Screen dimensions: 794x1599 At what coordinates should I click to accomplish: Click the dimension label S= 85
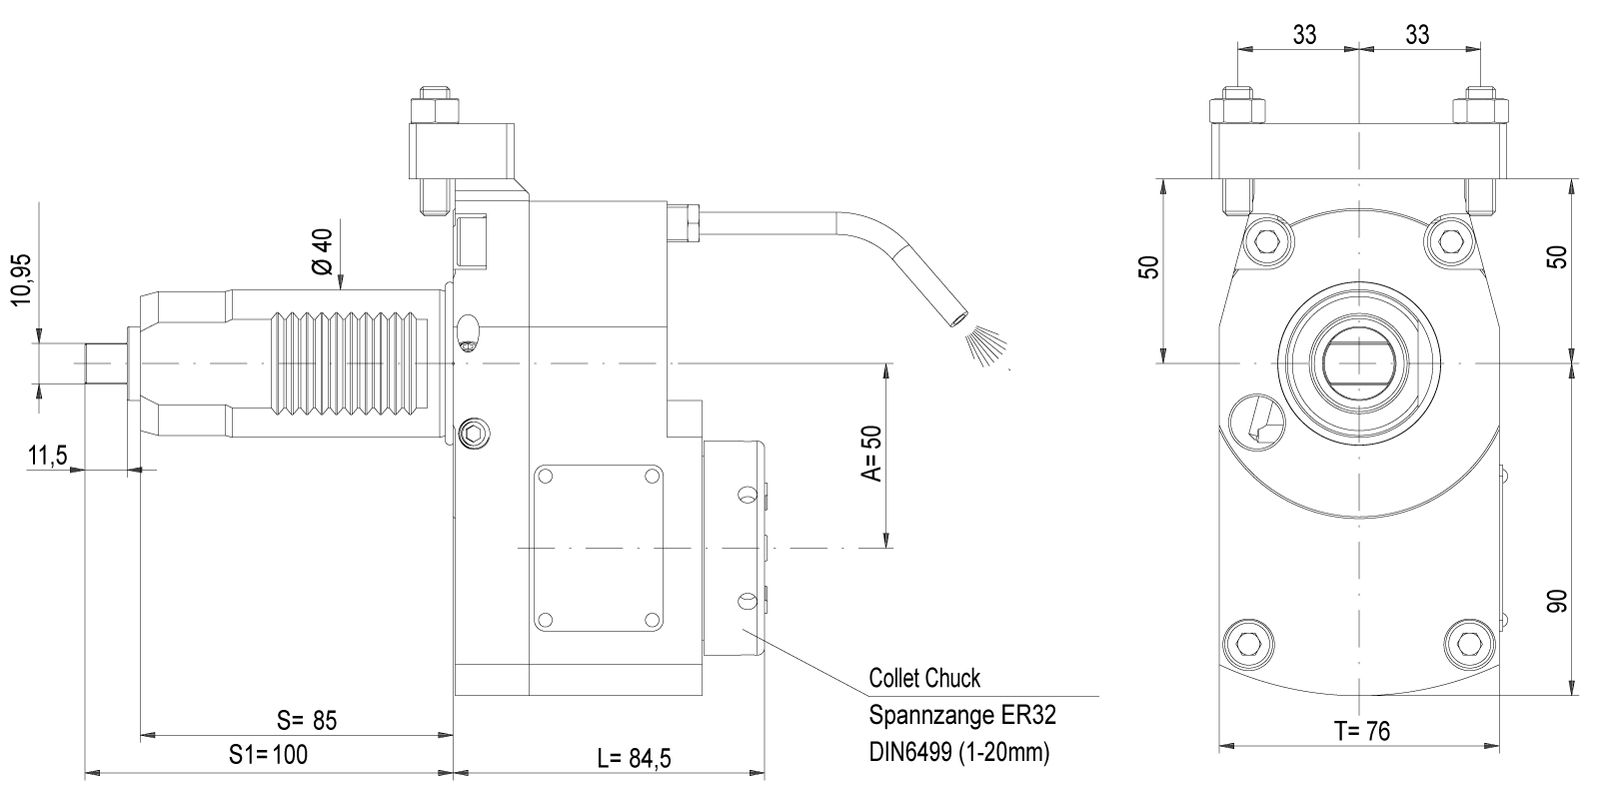click(307, 720)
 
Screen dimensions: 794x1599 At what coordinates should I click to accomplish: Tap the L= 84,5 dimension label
click(634, 759)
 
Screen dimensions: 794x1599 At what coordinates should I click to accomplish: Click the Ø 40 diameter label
click(322, 252)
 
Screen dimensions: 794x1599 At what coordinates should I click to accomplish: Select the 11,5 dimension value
click(47, 456)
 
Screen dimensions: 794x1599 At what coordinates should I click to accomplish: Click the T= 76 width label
click(1362, 732)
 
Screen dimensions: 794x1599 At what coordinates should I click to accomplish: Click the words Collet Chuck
click(924, 679)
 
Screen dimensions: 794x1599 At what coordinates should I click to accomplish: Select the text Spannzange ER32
click(961, 716)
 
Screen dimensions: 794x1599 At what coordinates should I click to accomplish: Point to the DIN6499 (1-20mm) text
click(959, 752)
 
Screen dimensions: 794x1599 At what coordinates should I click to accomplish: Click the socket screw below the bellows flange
click(473, 433)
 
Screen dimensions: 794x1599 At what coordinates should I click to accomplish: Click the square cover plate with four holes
click(599, 547)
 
